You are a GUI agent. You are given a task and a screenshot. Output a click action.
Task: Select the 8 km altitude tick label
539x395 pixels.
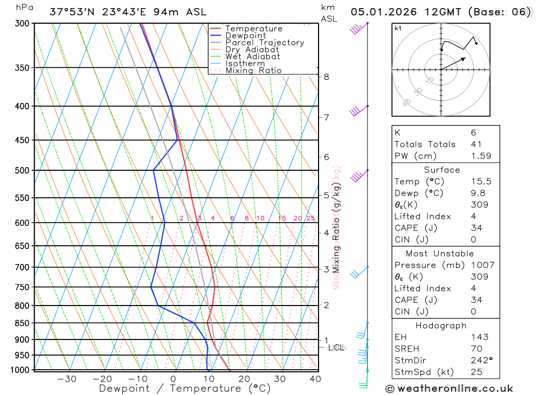(x=327, y=77)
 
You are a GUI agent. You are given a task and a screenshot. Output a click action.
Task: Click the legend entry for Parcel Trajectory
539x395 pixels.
(x=265, y=43)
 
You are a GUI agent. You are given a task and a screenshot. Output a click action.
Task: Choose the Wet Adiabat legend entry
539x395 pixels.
(x=253, y=57)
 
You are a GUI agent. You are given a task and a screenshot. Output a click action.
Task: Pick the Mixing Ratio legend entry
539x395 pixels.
(x=253, y=70)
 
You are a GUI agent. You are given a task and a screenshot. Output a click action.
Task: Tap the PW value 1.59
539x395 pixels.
(x=481, y=156)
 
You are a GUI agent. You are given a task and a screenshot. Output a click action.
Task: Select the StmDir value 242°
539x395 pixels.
(x=481, y=361)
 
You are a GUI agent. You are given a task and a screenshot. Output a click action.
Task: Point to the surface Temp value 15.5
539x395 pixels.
(x=481, y=182)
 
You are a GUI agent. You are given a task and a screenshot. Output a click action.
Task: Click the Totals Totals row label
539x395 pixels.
(x=425, y=144)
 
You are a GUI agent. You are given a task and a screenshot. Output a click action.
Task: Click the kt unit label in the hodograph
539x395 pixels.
(x=398, y=28)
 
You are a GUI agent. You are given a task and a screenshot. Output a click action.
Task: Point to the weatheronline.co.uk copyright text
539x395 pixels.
(x=449, y=388)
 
